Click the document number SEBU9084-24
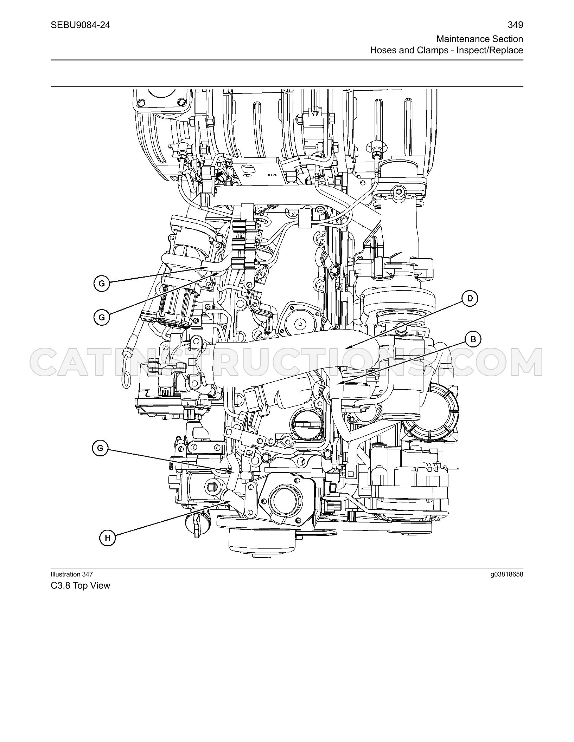(80, 25)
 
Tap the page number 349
(516, 25)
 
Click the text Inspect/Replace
(490, 50)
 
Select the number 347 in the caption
(87, 574)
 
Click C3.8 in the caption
(60, 586)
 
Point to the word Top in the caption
(81, 586)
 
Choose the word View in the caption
(101, 586)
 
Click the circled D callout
(470, 299)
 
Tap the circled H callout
(108, 538)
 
